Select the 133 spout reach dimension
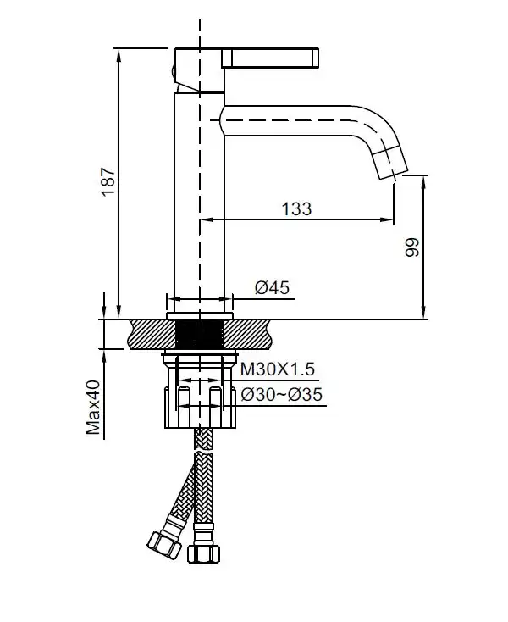click(295, 208)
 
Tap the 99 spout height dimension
click(412, 247)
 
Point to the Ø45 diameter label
click(272, 288)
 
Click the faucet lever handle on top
click(271, 58)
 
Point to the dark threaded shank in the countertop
click(200, 333)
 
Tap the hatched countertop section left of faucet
click(144, 333)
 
